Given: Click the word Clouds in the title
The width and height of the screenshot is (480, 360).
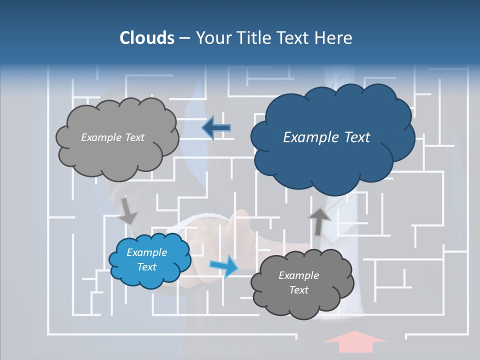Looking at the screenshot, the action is pos(146,38).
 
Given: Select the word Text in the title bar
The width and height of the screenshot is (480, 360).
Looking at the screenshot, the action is pos(291,38).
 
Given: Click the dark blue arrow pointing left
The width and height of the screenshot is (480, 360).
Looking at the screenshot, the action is pos(216,128).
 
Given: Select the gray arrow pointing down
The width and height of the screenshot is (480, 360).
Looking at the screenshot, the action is pos(128,210).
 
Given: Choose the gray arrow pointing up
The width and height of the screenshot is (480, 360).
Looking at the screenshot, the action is pos(318,221).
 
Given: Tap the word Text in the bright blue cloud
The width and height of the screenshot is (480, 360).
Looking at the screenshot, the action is pos(147,267).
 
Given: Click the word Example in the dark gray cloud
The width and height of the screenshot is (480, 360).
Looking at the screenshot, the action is pos(298,275).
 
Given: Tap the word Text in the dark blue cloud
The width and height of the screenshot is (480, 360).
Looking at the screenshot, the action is pos(355,137).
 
